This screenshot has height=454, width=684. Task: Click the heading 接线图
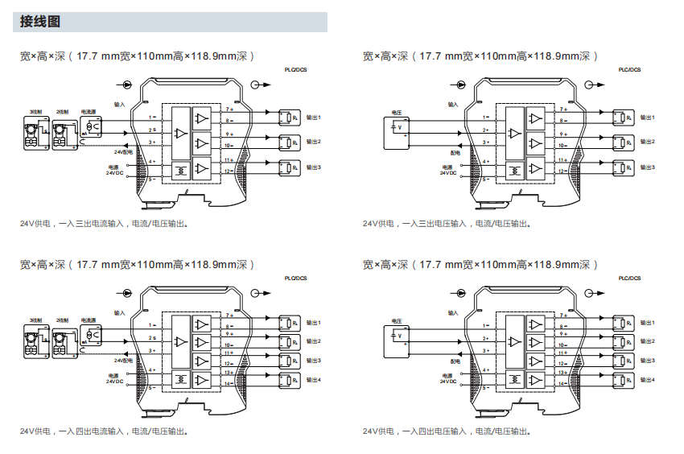point(40,22)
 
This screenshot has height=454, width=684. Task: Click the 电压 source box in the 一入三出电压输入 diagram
point(396,130)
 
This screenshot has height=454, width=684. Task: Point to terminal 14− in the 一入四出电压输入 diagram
point(563,383)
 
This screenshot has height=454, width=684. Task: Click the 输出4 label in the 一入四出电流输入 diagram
point(314,379)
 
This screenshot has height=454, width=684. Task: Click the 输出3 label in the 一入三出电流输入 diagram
point(314,167)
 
